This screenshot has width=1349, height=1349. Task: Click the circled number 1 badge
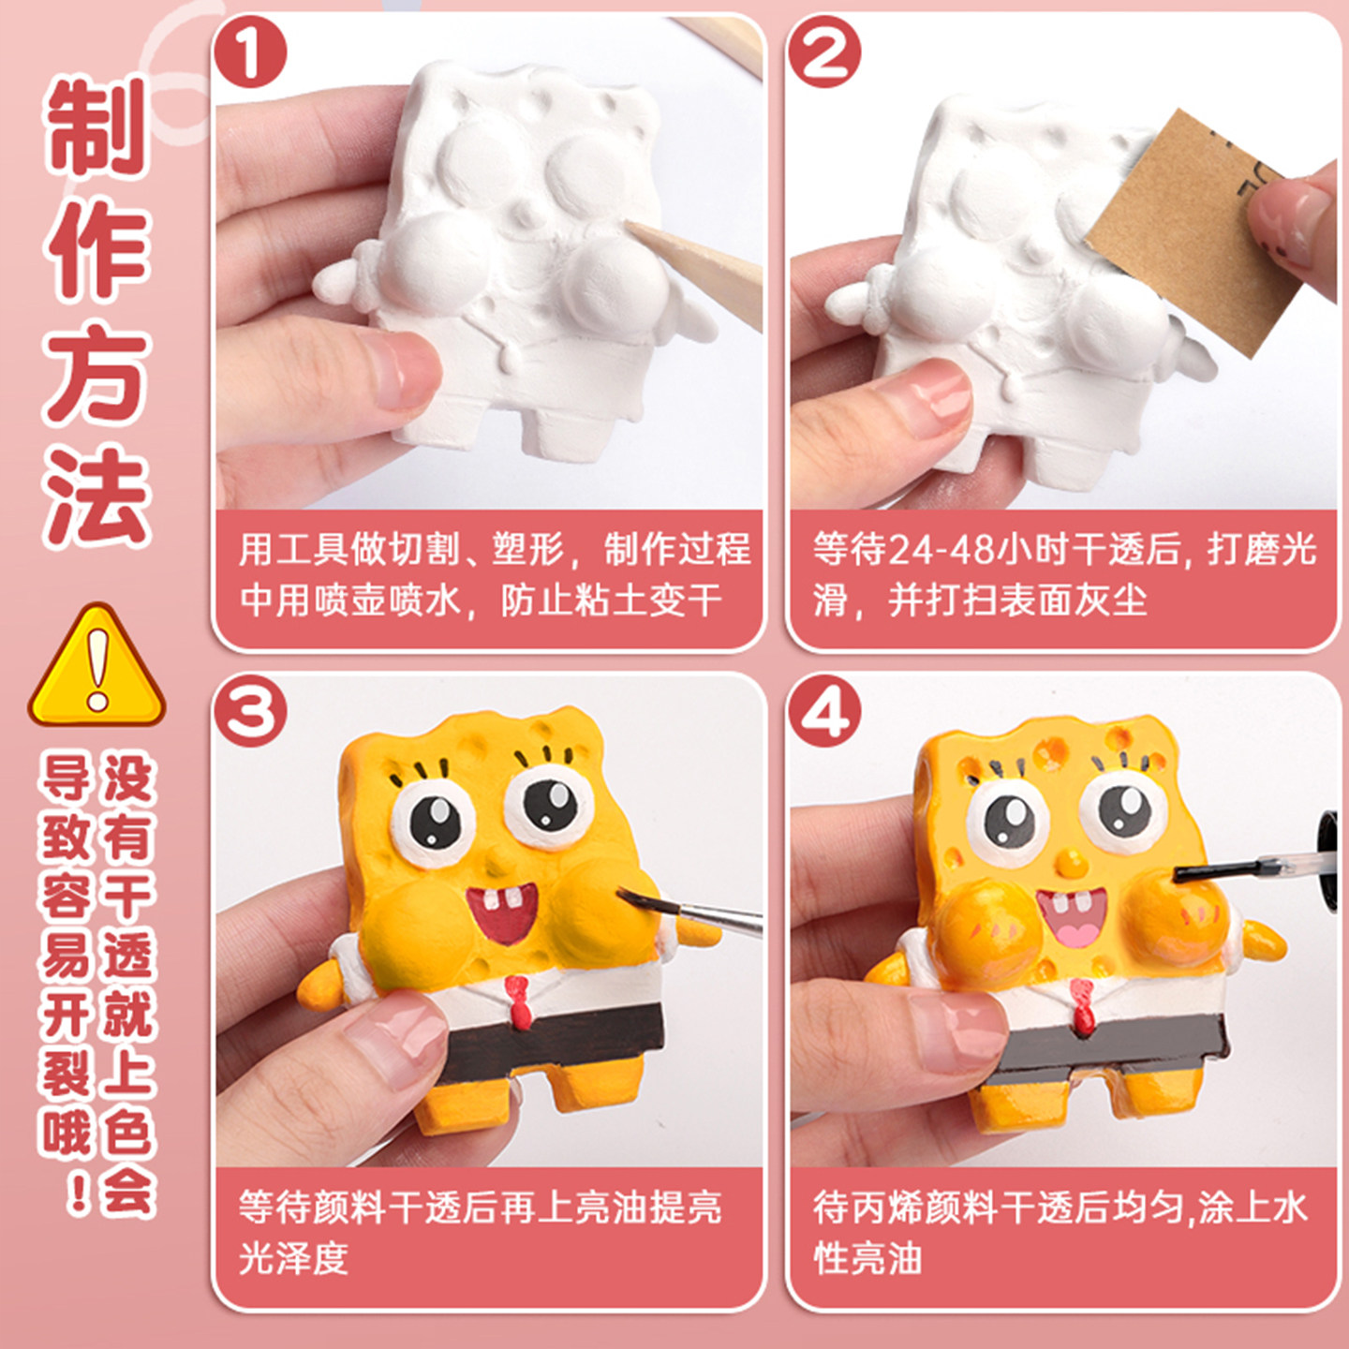(251, 52)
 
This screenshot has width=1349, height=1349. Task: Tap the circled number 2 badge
(824, 52)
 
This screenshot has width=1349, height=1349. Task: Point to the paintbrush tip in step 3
(622, 894)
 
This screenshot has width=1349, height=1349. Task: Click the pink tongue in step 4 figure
(1076, 932)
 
